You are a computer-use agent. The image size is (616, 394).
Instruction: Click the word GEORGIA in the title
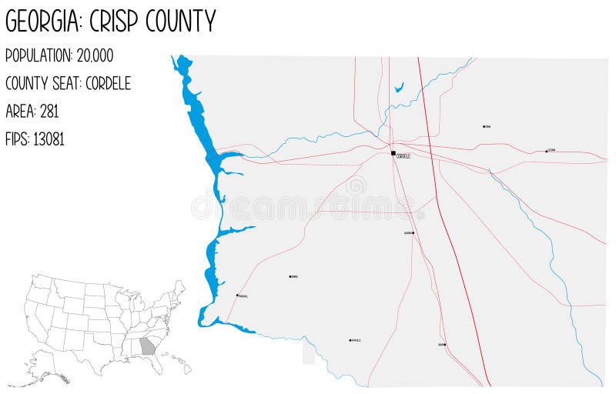pos(43,22)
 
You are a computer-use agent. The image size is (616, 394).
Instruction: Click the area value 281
pos(49,112)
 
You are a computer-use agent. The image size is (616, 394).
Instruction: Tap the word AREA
pos(19,112)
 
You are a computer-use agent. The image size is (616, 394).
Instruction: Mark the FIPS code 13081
pos(49,139)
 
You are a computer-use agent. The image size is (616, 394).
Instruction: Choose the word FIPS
pos(17,139)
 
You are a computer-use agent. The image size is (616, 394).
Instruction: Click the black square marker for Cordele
pos(393,153)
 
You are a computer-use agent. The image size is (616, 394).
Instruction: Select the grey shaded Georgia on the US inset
pos(147,346)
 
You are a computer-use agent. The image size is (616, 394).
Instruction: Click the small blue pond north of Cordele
pos(399,88)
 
